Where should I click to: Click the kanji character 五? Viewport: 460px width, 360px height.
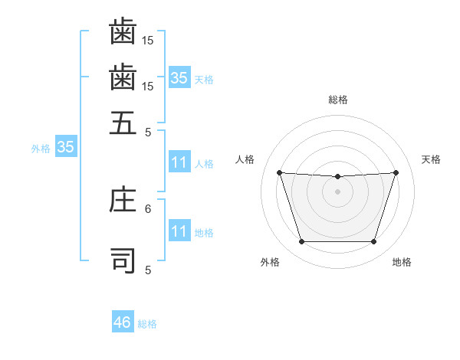(x=123, y=123)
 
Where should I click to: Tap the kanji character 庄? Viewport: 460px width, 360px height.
(x=123, y=201)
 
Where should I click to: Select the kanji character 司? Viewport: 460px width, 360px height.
(x=123, y=260)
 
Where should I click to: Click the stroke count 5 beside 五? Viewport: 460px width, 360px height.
(x=148, y=132)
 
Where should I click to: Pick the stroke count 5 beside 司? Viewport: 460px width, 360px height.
(x=148, y=270)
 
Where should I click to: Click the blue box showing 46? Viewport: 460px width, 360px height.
(x=123, y=322)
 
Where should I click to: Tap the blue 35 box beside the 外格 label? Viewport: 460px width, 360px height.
(x=65, y=147)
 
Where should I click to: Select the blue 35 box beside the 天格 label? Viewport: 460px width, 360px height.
(x=179, y=77)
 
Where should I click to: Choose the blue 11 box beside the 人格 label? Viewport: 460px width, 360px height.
(x=179, y=162)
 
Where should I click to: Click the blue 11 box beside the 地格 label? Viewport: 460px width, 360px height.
(x=179, y=231)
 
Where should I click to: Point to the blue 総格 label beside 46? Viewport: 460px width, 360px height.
(x=147, y=324)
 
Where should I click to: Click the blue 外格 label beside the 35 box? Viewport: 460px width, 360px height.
(x=40, y=149)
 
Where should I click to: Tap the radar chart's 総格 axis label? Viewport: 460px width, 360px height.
(x=338, y=100)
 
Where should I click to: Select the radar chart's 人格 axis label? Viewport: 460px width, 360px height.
(x=245, y=159)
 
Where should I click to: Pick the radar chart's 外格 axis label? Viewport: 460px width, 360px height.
(x=270, y=262)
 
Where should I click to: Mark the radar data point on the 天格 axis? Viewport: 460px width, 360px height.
(x=396, y=172)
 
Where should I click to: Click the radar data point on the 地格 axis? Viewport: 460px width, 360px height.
(x=373, y=242)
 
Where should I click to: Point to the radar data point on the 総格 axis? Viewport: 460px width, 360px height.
(x=338, y=177)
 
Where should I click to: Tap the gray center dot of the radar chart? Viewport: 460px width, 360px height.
(x=338, y=191)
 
